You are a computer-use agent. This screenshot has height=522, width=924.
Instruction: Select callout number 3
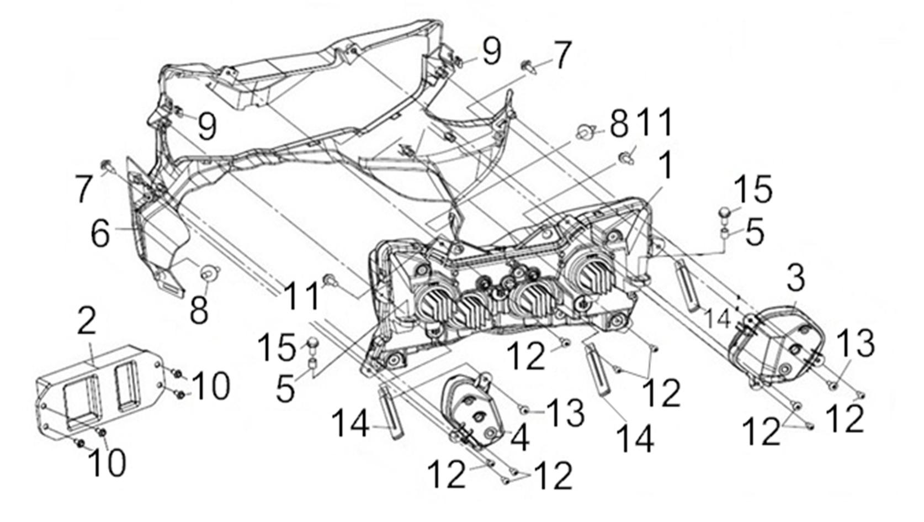click(795, 278)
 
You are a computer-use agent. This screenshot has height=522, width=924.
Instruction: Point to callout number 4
click(520, 439)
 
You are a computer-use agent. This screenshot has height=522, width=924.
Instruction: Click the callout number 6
click(100, 233)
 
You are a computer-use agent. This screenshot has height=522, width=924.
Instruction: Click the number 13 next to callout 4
click(566, 413)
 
